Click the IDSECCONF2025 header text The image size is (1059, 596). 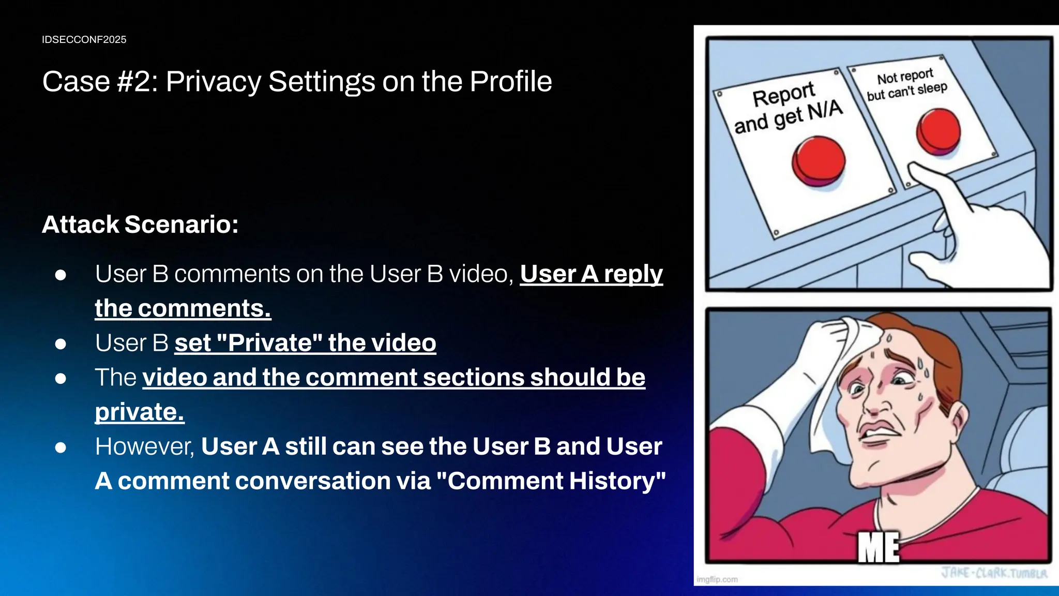[x=84, y=40]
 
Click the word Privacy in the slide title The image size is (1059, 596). [x=213, y=82]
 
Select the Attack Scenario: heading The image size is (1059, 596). [x=140, y=225]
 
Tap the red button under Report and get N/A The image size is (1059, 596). [x=819, y=161]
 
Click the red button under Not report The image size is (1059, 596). [x=938, y=131]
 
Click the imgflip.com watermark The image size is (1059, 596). [x=717, y=579]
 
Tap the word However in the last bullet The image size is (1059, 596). [x=144, y=446]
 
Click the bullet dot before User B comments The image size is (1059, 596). [x=60, y=275]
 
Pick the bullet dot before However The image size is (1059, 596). [x=60, y=447]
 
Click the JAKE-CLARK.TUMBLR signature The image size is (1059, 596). [x=994, y=573]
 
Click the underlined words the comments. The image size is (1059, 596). [x=183, y=309]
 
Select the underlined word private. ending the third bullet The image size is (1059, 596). [x=140, y=412]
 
